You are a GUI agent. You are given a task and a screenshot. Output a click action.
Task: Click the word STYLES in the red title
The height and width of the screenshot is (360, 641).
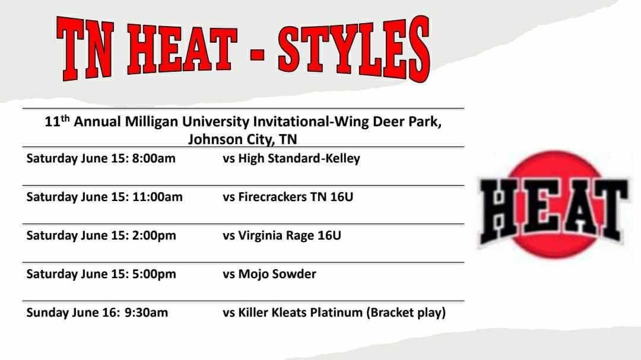[353, 49]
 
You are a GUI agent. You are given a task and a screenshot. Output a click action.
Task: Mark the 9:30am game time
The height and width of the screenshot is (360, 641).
[146, 313]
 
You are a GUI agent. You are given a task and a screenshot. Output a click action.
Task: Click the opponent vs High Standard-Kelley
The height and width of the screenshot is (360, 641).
[291, 159]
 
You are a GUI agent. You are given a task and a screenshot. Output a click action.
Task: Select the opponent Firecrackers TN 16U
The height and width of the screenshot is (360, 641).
[296, 197]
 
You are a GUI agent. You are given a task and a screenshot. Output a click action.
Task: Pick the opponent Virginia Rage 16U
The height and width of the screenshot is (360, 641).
[290, 235]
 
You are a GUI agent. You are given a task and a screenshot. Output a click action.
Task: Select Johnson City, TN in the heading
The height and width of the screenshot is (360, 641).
[243, 140]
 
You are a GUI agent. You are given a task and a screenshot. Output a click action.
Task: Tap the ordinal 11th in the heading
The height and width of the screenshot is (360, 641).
[57, 122]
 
